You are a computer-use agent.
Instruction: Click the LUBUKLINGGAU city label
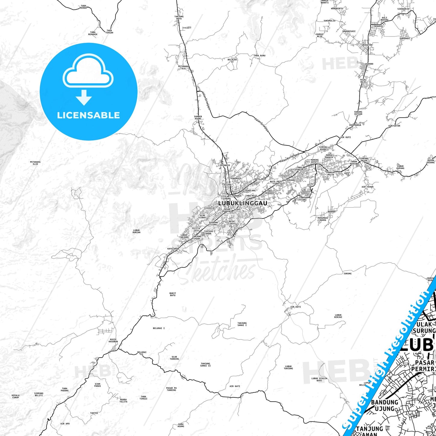243,203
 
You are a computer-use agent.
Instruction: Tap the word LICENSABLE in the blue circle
88,115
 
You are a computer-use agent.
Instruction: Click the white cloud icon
88,72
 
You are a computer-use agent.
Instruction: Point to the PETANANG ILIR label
35,163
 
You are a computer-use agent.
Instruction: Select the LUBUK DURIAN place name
136,231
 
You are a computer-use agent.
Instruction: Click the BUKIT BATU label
173,294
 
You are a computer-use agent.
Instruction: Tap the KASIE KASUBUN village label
113,340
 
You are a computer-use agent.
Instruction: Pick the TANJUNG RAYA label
179,18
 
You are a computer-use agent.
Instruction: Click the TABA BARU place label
259,56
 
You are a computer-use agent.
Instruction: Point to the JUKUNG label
348,273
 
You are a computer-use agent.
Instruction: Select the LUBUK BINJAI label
338,316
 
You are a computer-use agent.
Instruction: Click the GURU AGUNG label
181,425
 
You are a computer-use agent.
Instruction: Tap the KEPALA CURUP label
15,396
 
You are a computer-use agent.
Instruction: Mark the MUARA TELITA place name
123,400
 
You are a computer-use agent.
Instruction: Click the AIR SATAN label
394,126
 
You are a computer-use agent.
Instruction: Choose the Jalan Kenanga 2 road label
290,158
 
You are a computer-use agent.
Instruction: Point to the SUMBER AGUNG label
198,118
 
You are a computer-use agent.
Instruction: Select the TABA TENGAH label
109,31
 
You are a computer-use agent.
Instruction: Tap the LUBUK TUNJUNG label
288,367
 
